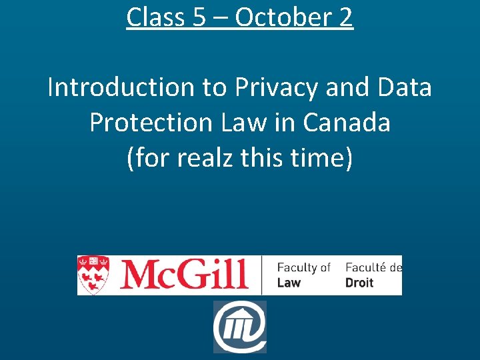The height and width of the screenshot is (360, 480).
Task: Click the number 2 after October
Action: pyautogui.click(x=345, y=17)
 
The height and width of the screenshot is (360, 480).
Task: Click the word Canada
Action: pyautogui.click(x=347, y=123)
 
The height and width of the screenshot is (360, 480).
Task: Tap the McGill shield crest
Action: pyautogui.click(x=93, y=274)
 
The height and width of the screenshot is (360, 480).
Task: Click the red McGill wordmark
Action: pyautogui.click(x=183, y=275)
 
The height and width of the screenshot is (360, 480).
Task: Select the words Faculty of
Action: pyautogui.click(x=304, y=267)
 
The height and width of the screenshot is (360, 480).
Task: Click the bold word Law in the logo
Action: pyautogui.click(x=289, y=283)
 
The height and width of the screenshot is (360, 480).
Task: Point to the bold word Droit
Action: pyautogui.click(x=359, y=283)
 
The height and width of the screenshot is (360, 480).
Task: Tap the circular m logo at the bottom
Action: pyautogui.click(x=239, y=327)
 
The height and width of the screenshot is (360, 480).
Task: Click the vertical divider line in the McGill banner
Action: pyautogui.click(x=262, y=275)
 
